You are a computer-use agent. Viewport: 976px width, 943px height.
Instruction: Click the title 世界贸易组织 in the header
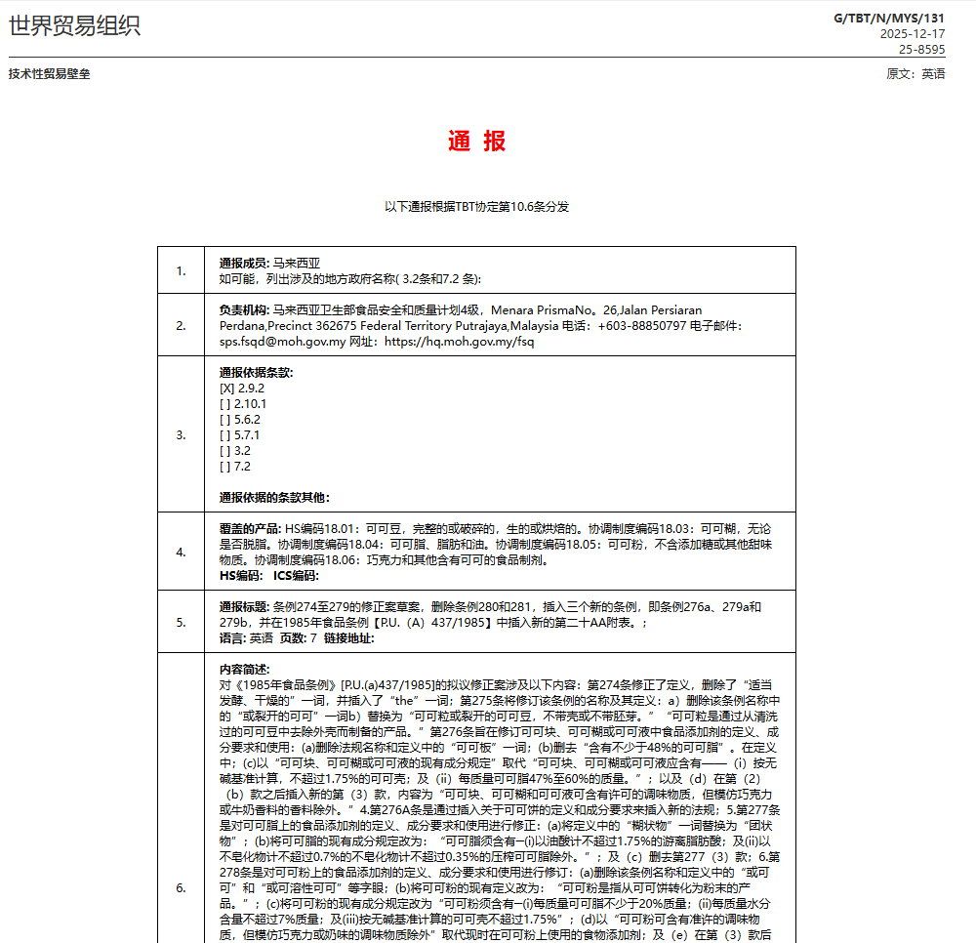74,26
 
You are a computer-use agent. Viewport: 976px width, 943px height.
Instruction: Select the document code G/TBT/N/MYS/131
889,18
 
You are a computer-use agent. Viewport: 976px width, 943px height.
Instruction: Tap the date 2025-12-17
912,33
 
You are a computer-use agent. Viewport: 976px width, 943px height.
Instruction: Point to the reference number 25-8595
921,49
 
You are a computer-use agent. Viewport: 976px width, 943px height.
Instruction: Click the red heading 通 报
477,142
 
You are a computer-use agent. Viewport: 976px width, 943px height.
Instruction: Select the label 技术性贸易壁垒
49,74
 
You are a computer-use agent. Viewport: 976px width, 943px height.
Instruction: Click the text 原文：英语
915,74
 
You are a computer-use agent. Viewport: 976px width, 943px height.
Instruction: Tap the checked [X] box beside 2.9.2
226,388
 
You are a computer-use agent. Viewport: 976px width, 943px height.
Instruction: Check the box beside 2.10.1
226,403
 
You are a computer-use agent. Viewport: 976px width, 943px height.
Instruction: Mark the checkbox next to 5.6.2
226,419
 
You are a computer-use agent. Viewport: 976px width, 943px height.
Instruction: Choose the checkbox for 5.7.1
226,434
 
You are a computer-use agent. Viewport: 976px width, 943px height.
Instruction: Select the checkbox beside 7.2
226,466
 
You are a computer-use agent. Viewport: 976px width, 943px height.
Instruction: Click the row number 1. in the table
181,270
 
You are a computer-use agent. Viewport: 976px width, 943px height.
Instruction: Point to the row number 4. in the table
181,552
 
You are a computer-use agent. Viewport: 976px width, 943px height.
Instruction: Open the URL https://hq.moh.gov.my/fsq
459,342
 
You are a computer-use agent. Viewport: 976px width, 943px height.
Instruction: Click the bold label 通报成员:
244,263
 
